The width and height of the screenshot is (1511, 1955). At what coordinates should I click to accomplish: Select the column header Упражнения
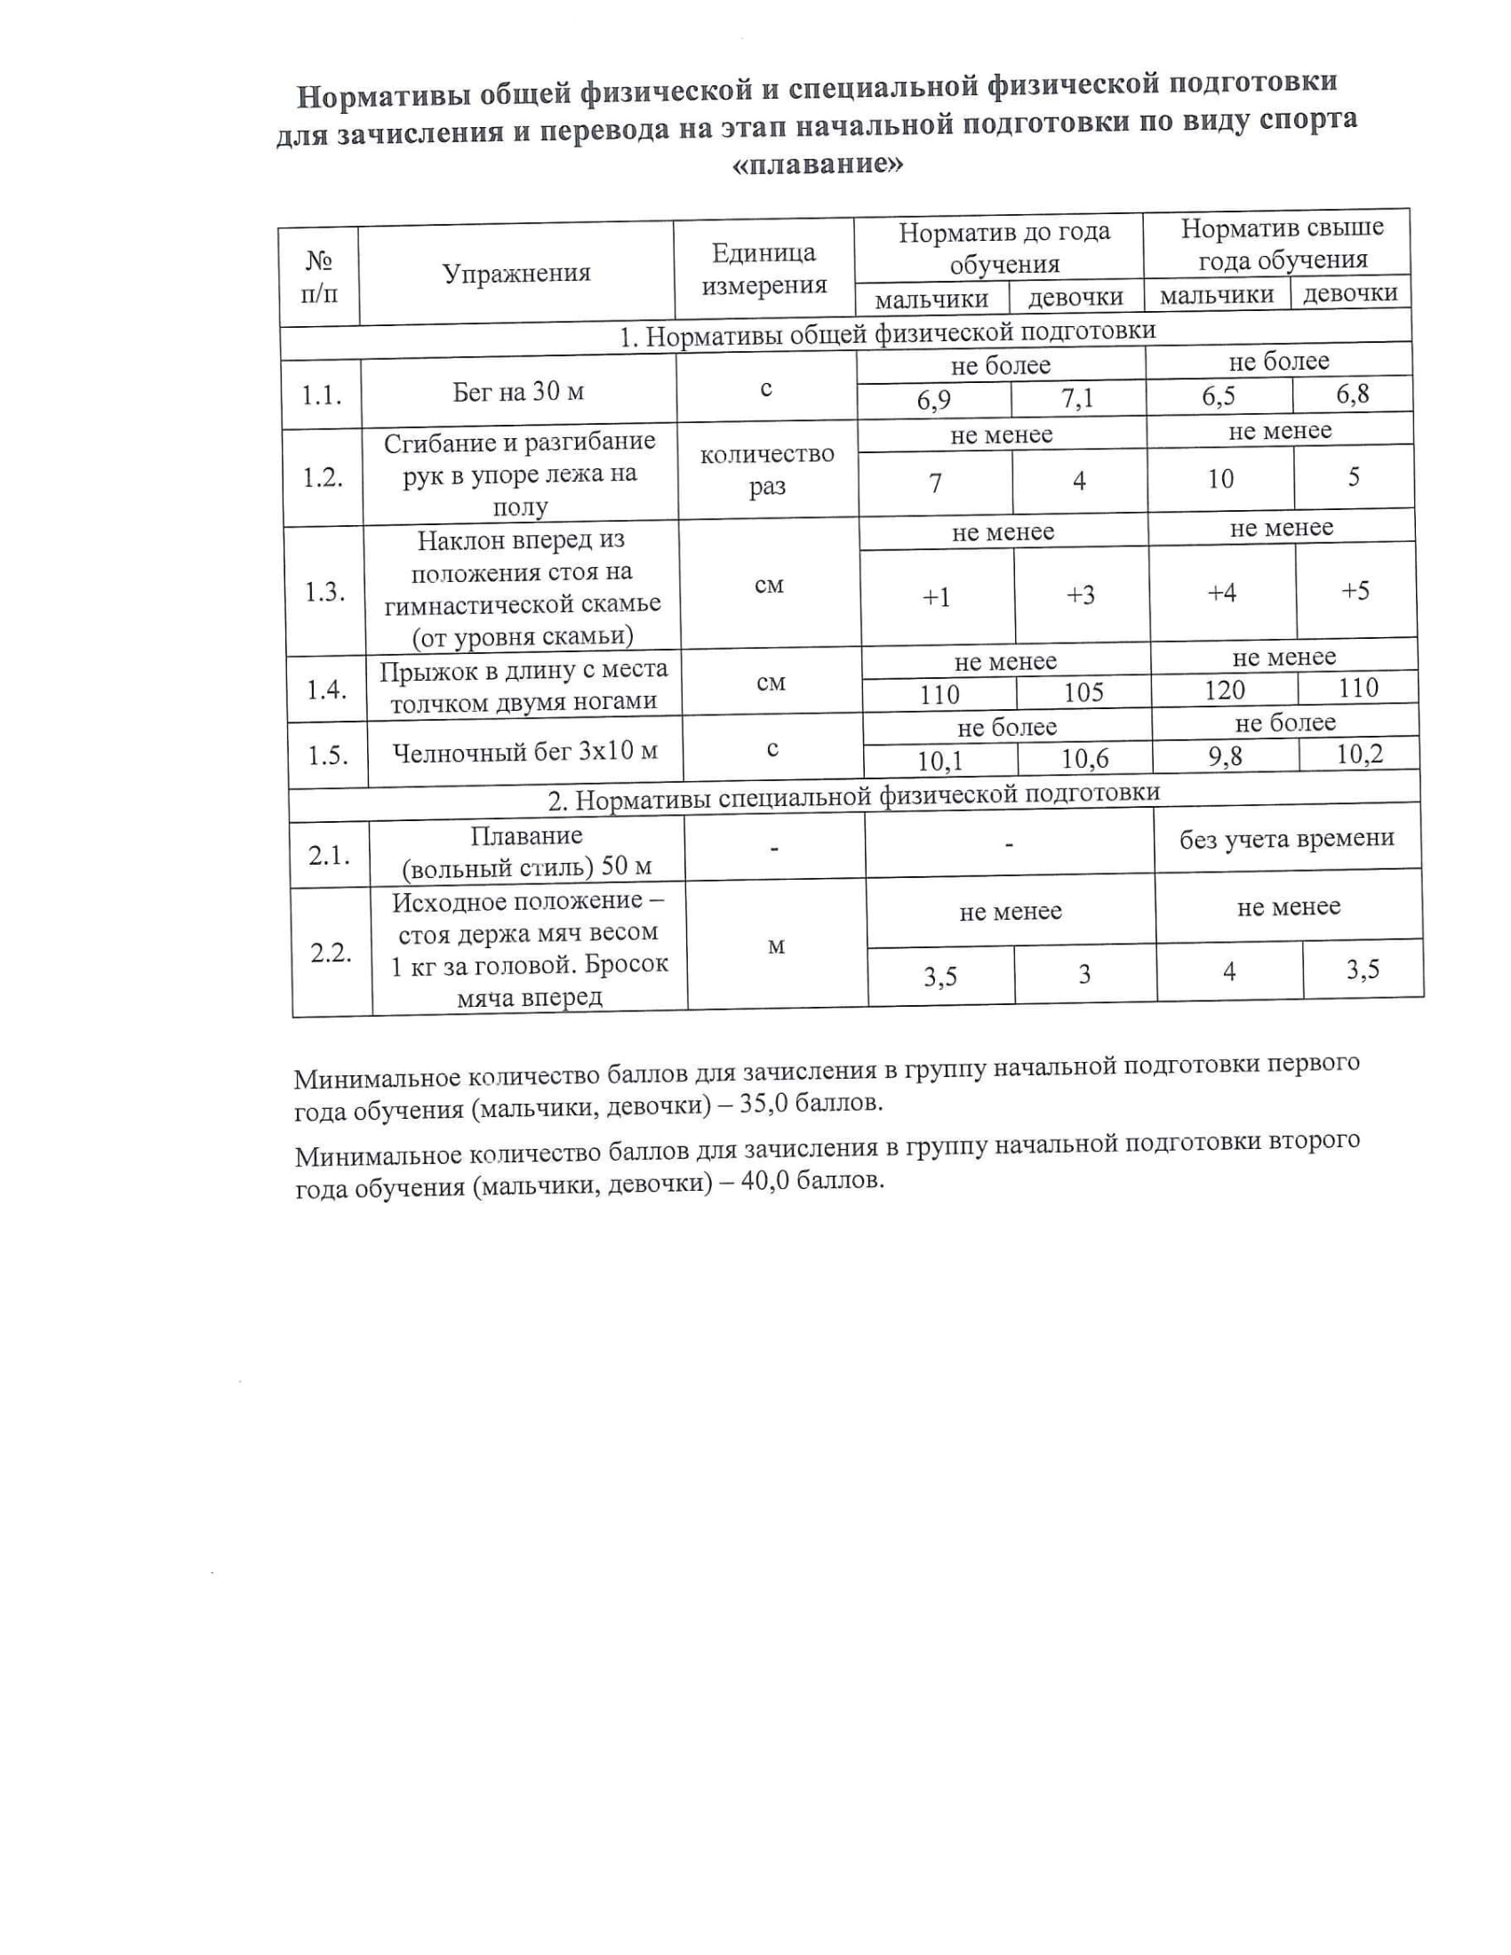[516, 273]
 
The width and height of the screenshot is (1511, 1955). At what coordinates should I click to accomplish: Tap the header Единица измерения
[763, 268]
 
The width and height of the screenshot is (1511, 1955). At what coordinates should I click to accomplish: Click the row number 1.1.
[322, 395]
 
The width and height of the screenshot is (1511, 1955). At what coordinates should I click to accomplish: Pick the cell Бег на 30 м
[518, 391]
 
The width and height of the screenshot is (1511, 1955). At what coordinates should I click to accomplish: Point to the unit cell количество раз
[767, 471]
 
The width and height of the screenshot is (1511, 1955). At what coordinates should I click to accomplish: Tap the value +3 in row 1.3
[1081, 595]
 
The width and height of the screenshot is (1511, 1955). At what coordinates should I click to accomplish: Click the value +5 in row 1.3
[1355, 591]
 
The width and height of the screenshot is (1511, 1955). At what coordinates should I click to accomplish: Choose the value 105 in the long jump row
[1083, 693]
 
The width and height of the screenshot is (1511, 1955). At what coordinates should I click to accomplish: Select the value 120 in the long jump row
[1224, 690]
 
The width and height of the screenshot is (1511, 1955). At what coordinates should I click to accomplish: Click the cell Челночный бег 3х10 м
[525, 752]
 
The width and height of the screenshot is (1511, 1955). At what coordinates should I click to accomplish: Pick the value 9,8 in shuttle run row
[1225, 757]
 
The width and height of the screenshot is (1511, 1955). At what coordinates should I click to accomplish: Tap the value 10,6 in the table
[1085, 760]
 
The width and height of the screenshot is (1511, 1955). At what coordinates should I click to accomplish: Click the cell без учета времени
[1286, 839]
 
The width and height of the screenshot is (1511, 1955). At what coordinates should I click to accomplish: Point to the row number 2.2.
[332, 953]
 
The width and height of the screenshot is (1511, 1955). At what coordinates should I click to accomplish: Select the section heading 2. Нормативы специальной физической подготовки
[854, 797]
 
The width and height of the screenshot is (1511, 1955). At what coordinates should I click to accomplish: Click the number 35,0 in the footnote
[765, 1104]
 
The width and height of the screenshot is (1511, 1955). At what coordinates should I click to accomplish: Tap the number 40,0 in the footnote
[766, 1182]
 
